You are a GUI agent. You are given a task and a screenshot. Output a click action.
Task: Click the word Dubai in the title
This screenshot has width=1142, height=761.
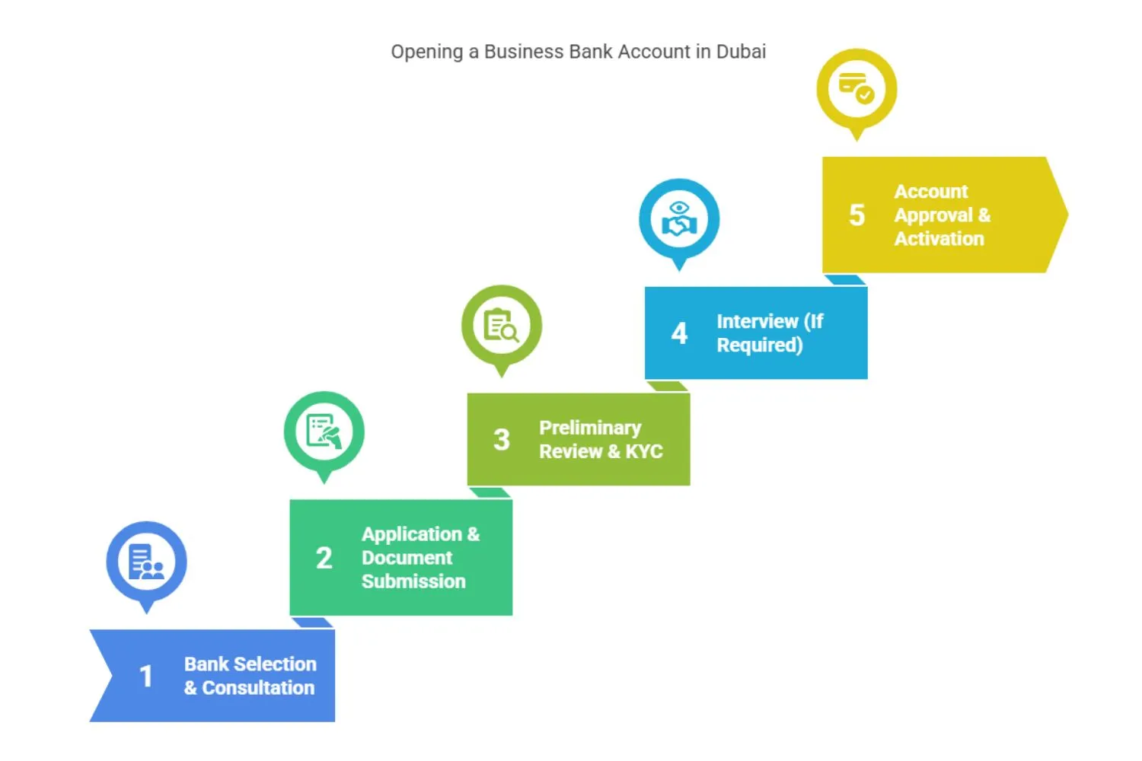pyautogui.click(x=741, y=52)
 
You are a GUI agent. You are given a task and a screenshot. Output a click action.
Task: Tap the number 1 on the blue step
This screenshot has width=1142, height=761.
pyautogui.click(x=146, y=676)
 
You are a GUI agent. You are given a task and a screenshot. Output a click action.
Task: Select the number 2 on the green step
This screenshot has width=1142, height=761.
pyautogui.click(x=324, y=558)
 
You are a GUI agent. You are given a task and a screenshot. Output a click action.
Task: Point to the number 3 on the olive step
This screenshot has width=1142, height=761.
pyautogui.click(x=501, y=439)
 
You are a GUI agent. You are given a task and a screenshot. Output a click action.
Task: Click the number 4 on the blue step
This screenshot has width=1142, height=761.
pyautogui.click(x=679, y=333)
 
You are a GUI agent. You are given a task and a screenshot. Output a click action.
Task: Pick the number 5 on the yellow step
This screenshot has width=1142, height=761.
pyautogui.click(x=856, y=215)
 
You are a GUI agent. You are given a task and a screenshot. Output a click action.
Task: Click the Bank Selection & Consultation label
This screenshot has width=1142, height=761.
pyautogui.click(x=250, y=676)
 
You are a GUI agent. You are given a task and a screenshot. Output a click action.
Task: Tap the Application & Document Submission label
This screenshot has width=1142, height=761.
pyautogui.click(x=420, y=558)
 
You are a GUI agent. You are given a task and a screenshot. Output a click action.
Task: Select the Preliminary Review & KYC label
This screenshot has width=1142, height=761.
pyautogui.click(x=601, y=439)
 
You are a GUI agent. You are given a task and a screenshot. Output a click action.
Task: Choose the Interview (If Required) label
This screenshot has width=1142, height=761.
pyautogui.click(x=769, y=333)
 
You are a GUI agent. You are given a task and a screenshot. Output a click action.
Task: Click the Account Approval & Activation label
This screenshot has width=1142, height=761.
pyautogui.click(x=942, y=215)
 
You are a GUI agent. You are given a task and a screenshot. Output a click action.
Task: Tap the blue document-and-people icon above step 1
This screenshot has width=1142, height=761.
pyautogui.click(x=146, y=562)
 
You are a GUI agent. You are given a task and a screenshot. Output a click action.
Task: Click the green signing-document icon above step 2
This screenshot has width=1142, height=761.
pyautogui.click(x=324, y=431)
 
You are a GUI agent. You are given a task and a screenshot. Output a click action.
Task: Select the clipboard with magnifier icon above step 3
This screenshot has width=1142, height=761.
pyautogui.click(x=501, y=326)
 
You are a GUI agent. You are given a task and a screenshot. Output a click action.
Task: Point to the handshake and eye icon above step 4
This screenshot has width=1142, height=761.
pyautogui.click(x=679, y=219)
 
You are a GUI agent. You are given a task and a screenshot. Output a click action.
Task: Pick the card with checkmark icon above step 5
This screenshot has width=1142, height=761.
pyautogui.click(x=856, y=88)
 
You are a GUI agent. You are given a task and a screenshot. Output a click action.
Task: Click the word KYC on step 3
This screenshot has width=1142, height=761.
pyautogui.click(x=644, y=451)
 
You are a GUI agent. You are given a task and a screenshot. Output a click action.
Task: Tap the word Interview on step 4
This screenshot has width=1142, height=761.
pyautogui.click(x=757, y=321)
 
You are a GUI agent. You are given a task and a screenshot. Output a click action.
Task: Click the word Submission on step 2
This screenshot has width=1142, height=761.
pyautogui.click(x=413, y=581)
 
